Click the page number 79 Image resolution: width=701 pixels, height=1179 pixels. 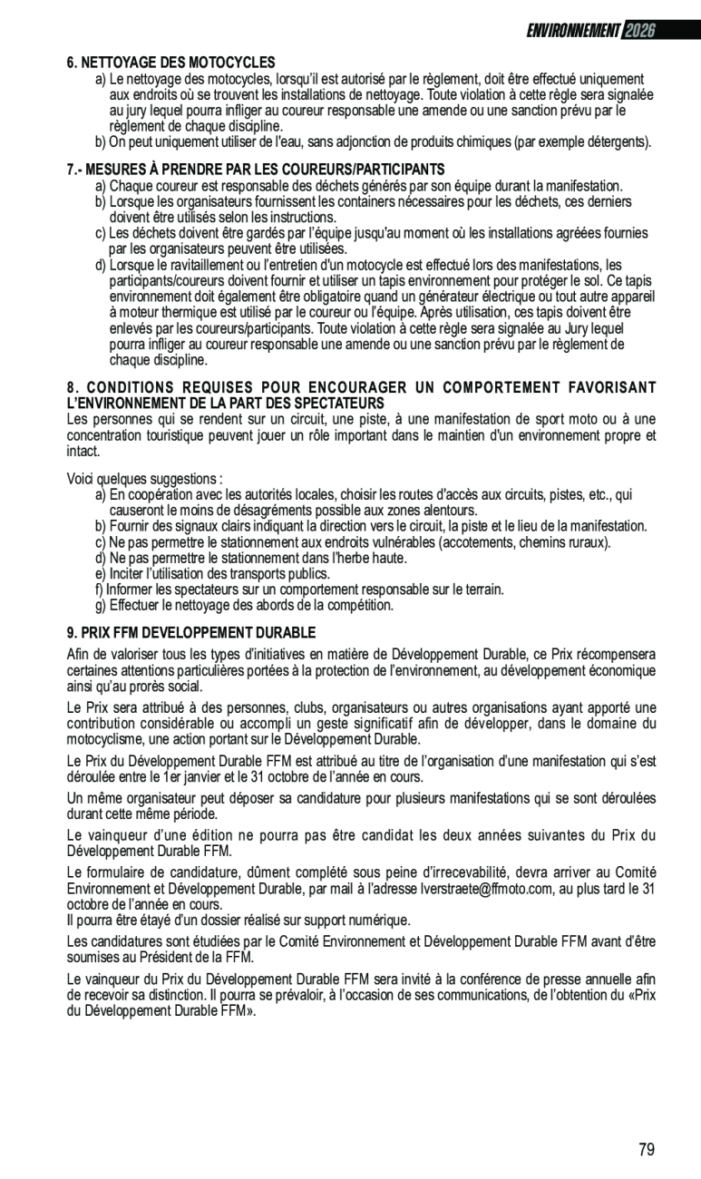pos(646,1150)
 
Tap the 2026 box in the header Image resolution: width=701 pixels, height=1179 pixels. pos(639,31)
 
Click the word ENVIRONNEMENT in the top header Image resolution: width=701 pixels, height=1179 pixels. pos(573,31)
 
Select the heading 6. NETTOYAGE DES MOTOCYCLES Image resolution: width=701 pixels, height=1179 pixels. pos(171,63)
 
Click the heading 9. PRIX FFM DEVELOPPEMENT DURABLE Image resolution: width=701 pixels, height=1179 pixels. pos(191,632)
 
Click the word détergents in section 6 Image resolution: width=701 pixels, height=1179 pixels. pos(617,141)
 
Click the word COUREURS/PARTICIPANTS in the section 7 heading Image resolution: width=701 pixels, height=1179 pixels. pos(374,170)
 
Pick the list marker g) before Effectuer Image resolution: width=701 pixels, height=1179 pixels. pos(100,605)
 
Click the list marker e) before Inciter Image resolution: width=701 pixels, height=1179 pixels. pos(100,574)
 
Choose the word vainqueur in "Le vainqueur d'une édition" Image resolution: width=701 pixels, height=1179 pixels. pos(123,834)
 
